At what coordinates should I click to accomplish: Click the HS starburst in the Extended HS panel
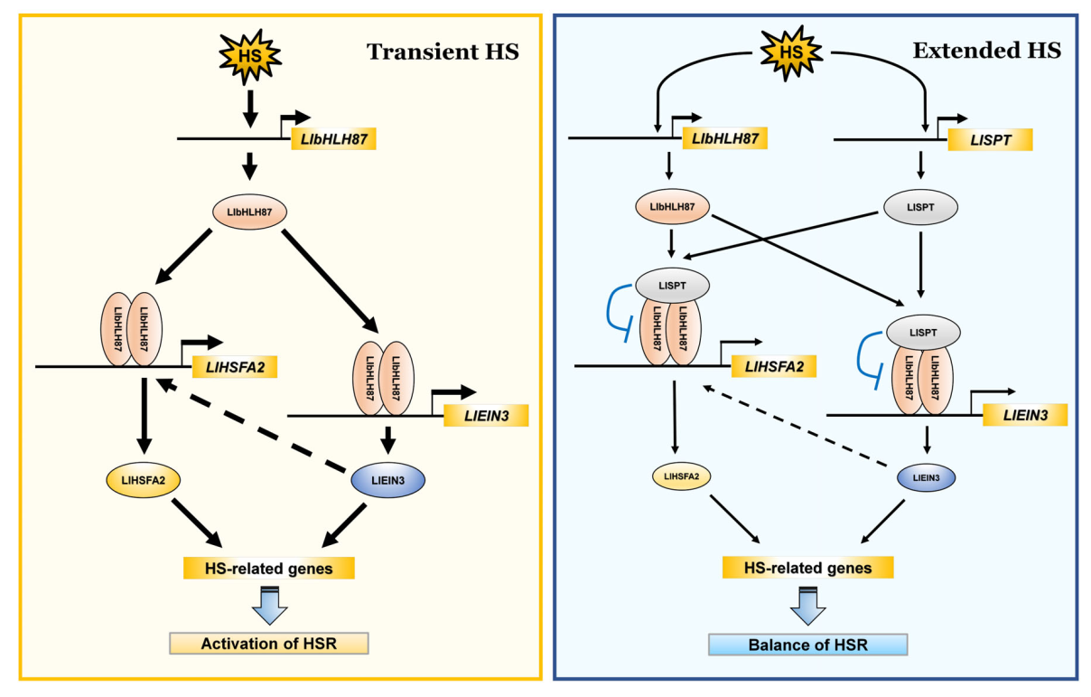(x=791, y=52)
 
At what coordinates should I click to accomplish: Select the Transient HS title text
(x=443, y=52)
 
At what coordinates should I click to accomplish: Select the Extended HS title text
(x=986, y=52)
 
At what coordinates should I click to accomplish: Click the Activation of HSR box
(x=270, y=644)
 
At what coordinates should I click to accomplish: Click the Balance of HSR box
(x=807, y=645)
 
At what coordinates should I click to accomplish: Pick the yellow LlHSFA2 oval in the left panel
(x=142, y=479)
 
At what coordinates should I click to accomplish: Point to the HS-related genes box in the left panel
(x=268, y=568)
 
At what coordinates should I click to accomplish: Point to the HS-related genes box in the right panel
(x=807, y=568)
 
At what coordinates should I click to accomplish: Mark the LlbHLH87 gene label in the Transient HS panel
(x=332, y=138)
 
